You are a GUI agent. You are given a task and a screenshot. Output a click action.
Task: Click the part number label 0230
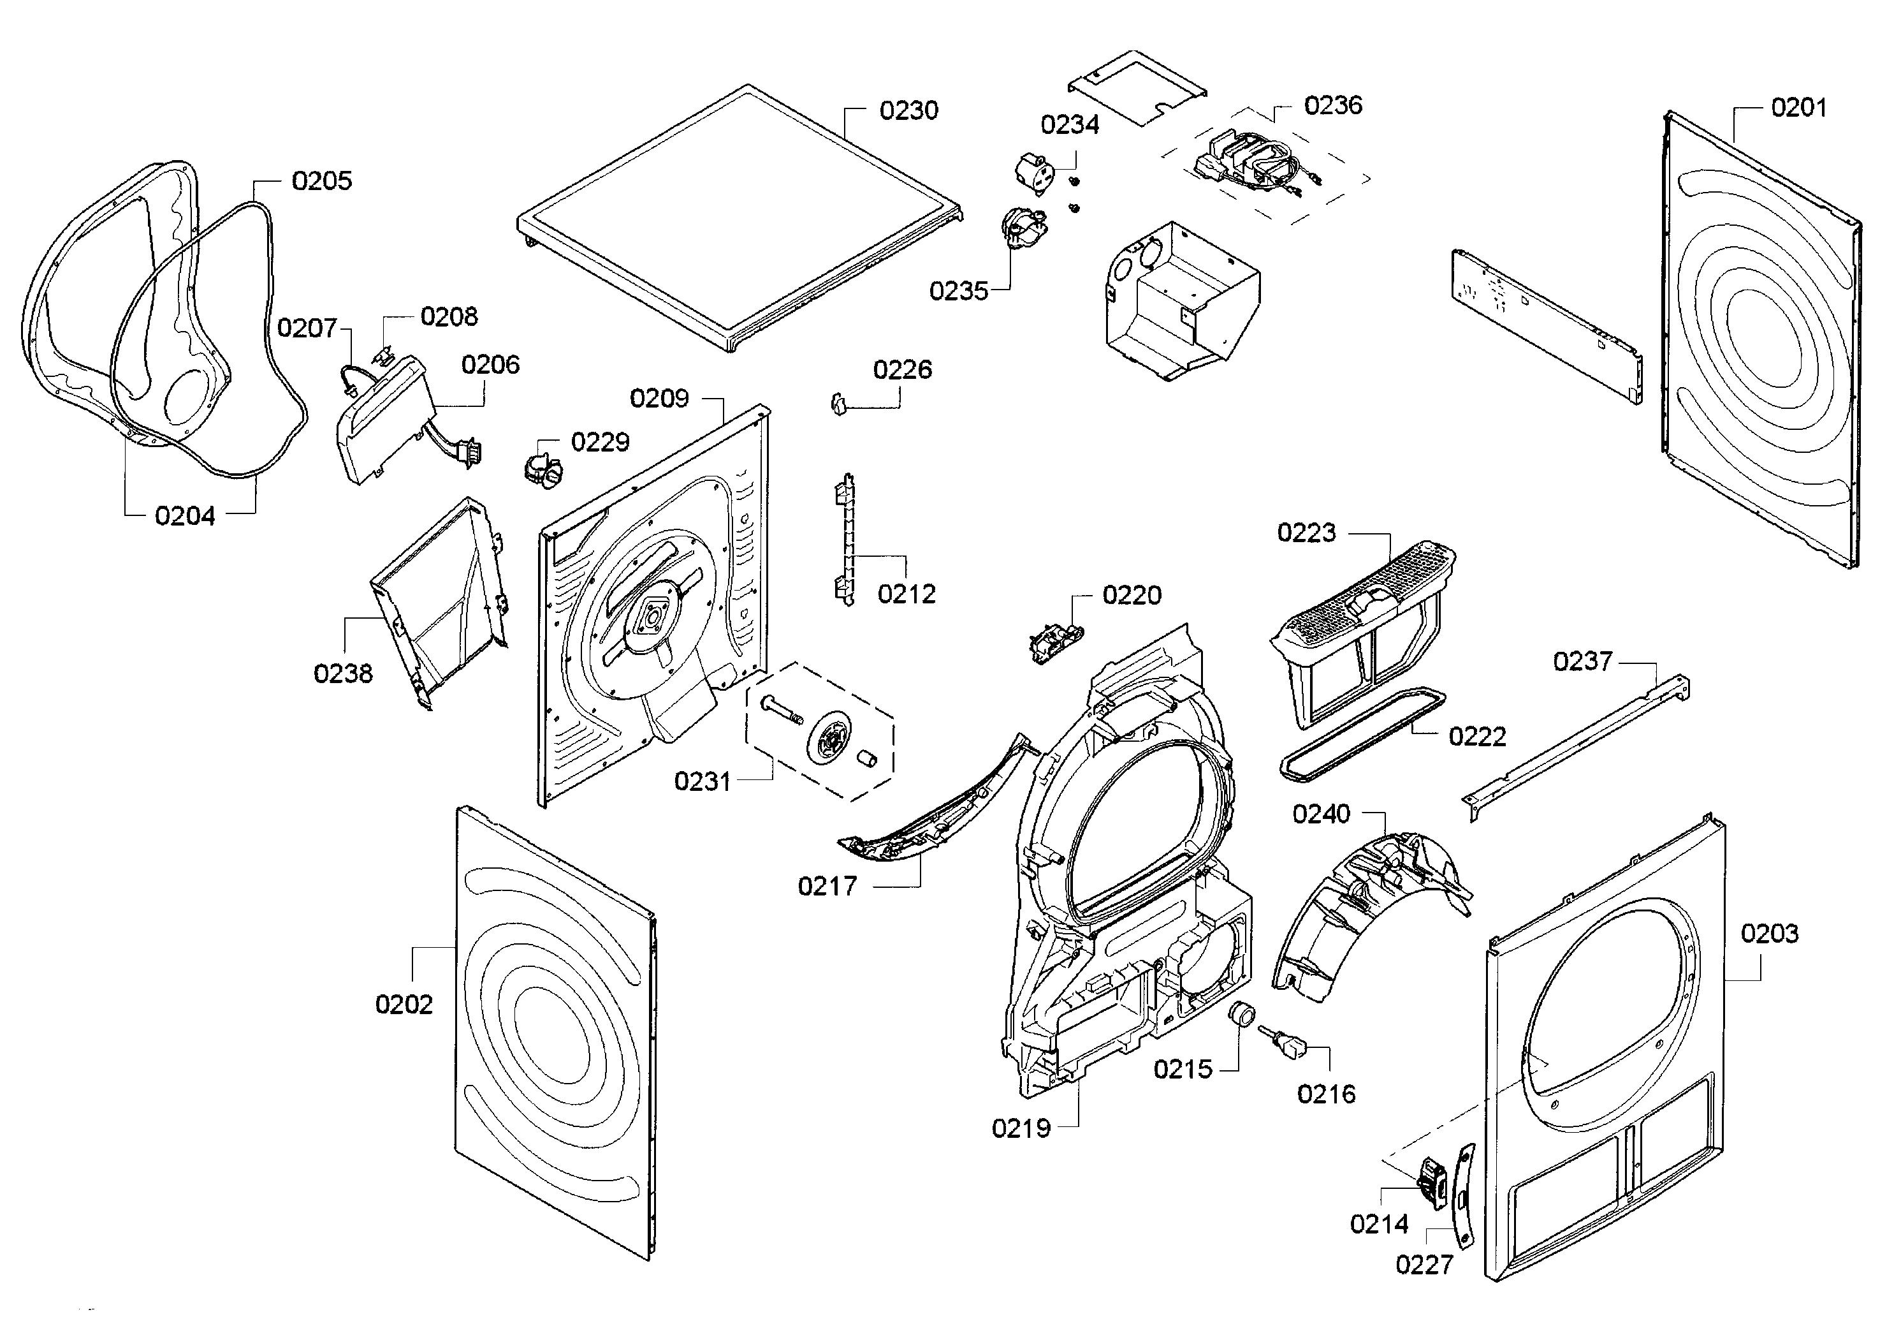[908, 110]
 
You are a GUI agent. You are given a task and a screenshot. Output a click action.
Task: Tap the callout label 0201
[1798, 107]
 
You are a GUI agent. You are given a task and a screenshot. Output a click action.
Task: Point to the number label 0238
[343, 674]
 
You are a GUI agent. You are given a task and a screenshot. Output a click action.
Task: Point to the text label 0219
[1021, 1128]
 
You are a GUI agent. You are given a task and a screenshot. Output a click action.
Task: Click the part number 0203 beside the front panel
[1770, 933]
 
